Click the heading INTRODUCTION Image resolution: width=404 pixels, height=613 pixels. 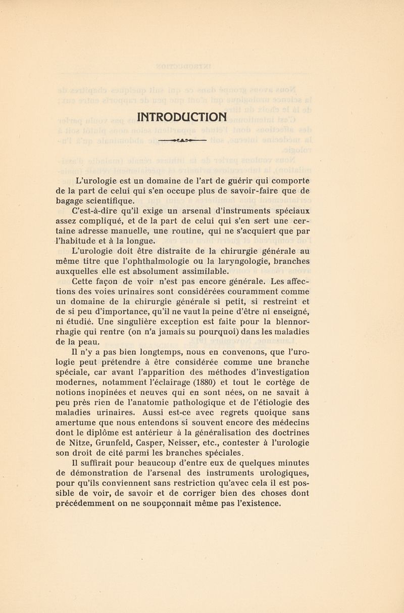point(183,117)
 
